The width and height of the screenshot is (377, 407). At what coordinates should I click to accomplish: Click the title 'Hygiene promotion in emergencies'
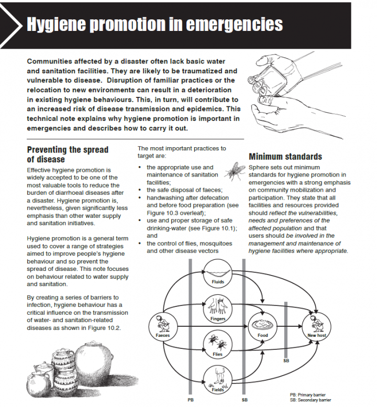pyautogui.click(x=154, y=24)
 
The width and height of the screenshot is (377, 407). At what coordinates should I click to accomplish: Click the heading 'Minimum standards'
pyautogui.click(x=285, y=157)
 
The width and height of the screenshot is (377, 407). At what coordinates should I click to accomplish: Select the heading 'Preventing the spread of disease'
pyautogui.click(x=68, y=154)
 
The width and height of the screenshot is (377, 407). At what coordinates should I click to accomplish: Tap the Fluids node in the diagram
pyautogui.click(x=218, y=273)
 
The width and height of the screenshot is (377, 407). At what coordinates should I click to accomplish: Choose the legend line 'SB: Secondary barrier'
pyautogui.click(x=311, y=400)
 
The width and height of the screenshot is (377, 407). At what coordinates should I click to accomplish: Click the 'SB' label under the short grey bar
pyautogui.click(x=286, y=361)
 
